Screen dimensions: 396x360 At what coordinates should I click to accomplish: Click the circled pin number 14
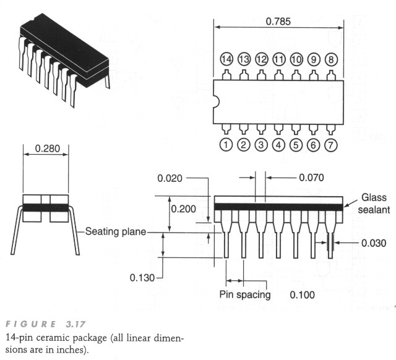[x=226, y=59]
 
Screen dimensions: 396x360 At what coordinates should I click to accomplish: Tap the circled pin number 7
[x=330, y=145]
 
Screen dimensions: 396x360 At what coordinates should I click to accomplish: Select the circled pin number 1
[x=226, y=145]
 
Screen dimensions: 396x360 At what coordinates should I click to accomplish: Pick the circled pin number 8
[x=331, y=59]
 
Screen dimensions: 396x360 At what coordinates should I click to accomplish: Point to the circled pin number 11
[x=279, y=59]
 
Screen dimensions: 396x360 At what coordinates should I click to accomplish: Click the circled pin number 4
[x=278, y=145]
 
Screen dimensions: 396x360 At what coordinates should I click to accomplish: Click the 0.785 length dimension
[x=278, y=22]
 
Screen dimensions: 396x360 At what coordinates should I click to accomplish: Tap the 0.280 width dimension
[x=48, y=148]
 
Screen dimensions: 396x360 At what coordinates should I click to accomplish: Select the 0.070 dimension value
[x=311, y=178]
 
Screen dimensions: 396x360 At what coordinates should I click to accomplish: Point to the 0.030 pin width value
[x=374, y=243]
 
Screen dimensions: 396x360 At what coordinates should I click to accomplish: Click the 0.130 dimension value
[x=142, y=278]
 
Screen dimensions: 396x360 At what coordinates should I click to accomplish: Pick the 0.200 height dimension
[x=183, y=209]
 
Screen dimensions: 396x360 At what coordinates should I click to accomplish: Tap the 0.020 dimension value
[x=170, y=178]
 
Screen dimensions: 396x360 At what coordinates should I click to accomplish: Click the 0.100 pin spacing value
[x=303, y=294]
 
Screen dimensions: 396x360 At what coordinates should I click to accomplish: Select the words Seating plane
[x=116, y=231]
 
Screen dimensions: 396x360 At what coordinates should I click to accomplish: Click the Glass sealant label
[x=374, y=204]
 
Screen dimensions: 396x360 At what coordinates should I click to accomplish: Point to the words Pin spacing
[x=245, y=294]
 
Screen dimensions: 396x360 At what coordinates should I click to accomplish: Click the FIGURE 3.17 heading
[x=46, y=324]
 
